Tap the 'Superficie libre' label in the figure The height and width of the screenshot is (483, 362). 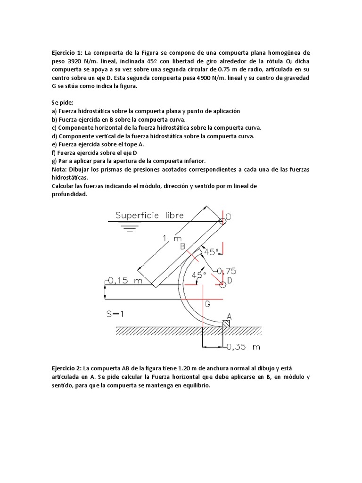[149, 216]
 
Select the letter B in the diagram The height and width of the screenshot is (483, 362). [183, 245]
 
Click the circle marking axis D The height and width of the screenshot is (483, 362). [222, 284]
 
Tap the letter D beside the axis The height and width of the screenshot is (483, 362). [229, 281]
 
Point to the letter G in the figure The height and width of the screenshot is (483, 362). [206, 305]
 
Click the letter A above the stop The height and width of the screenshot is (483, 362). [229, 316]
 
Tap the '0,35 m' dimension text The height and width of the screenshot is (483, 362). [243, 347]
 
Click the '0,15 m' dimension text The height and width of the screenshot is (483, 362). [125, 281]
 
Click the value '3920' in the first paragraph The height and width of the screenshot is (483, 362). [77, 61]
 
